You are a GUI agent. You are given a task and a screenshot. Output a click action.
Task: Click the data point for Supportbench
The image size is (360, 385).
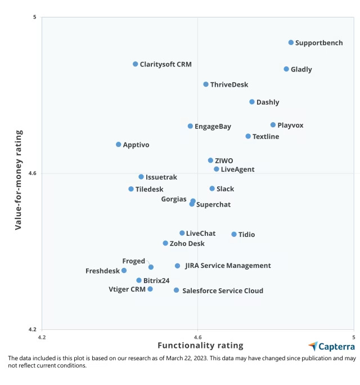point(291,42)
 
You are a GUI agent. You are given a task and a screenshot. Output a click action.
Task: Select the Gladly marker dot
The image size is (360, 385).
point(286,69)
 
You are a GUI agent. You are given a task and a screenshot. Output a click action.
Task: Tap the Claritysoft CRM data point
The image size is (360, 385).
point(136,64)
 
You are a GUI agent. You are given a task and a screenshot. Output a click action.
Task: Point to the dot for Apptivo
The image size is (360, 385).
point(118,145)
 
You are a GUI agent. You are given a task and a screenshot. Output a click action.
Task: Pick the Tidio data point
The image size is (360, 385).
point(234,234)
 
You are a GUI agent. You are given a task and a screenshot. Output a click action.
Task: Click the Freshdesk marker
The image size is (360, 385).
point(124,271)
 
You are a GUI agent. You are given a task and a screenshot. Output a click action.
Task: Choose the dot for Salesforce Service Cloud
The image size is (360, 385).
point(176,290)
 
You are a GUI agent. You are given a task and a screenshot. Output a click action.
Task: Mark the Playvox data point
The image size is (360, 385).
point(273,125)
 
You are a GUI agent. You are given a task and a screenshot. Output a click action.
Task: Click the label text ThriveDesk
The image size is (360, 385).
point(229,85)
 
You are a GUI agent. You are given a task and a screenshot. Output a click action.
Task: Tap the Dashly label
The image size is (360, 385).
point(268,102)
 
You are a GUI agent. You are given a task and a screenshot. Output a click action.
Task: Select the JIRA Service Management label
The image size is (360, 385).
point(228,266)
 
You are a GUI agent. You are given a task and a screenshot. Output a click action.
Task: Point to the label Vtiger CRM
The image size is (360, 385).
point(127,289)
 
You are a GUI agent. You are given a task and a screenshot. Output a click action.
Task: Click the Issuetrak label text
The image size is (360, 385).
point(161,177)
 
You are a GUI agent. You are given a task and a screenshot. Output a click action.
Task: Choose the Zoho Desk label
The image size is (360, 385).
point(187,244)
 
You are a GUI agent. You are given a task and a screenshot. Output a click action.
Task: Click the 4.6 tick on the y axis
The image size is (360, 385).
point(33,173)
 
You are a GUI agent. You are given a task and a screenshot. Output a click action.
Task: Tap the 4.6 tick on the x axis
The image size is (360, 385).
point(197,337)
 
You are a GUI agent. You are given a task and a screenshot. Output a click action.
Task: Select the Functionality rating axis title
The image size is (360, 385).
point(200,346)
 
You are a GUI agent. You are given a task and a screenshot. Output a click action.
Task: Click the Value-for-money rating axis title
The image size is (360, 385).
point(19,180)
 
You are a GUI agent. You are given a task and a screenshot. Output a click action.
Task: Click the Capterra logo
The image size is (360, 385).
point(332,346)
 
